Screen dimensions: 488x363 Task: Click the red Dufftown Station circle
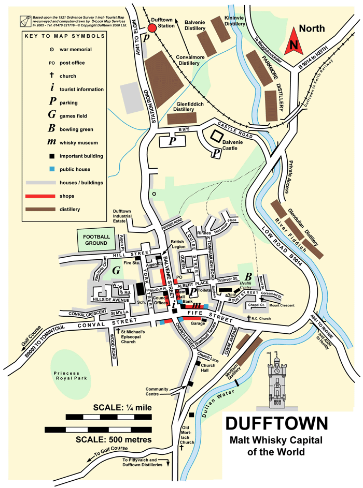152,27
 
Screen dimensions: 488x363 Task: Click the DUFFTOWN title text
276,423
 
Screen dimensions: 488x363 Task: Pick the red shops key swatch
40,196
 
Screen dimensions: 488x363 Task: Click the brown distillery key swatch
40,210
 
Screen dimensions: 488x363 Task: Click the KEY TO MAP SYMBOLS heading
65,36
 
